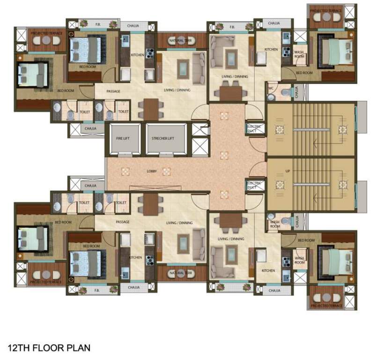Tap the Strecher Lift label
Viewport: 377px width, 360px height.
click(163, 139)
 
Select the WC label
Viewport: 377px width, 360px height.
click(271, 88)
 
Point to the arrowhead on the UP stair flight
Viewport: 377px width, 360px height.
click(317, 184)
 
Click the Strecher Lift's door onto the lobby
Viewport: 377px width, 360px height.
click(163, 154)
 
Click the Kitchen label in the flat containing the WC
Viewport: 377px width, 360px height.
click(271, 50)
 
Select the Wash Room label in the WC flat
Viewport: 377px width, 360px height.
click(299, 53)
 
